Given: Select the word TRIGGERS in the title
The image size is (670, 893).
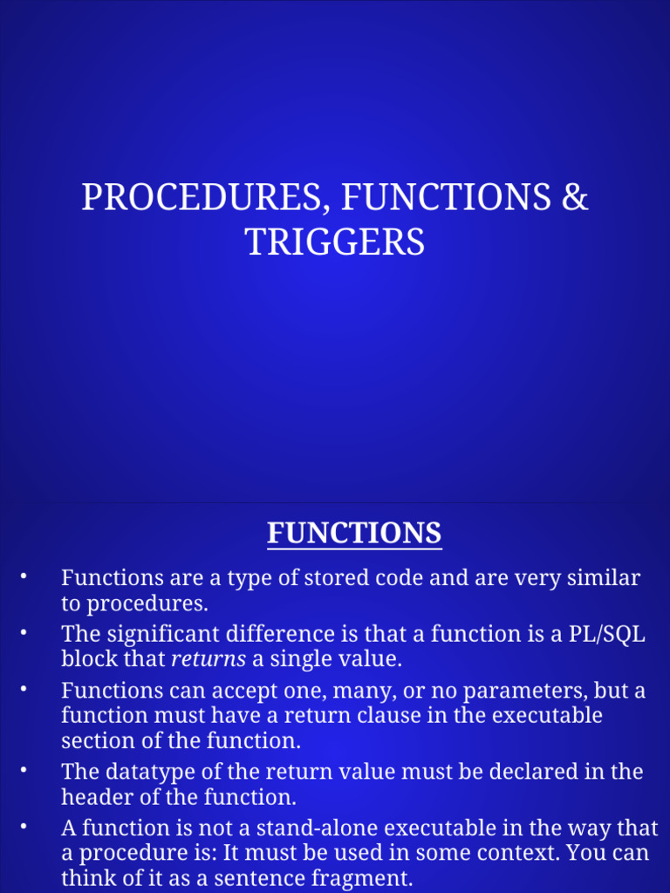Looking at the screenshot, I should [x=335, y=242].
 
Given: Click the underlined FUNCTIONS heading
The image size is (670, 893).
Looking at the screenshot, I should [x=354, y=532].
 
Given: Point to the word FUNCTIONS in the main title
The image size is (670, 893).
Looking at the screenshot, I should [x=446, y=198].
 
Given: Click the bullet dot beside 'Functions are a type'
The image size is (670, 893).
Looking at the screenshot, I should [x=24, y=576].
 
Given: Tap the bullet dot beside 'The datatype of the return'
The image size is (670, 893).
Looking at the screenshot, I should [x=24, y=771].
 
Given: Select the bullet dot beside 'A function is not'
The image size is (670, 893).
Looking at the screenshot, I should [x=24, y=827].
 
